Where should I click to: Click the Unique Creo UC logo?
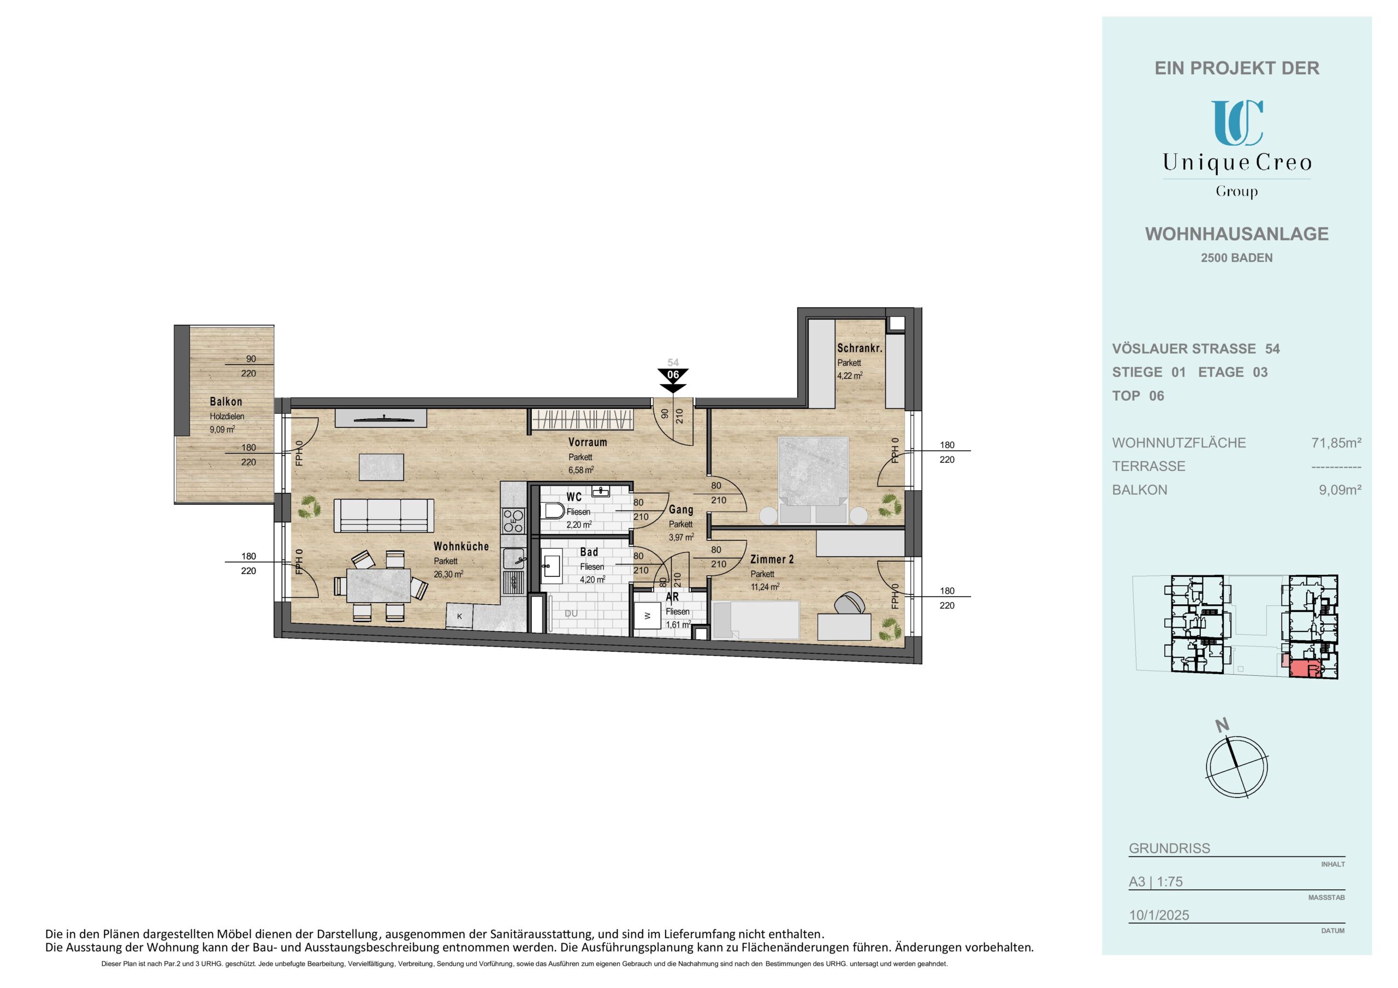(x=1237, y=123)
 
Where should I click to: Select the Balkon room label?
(x=226, y=402)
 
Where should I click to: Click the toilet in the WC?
(x=553, y=511)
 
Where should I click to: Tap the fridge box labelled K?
(x=460, y=616)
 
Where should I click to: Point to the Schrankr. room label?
(x=860, y=348)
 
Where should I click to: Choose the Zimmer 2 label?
(x=772, y=559)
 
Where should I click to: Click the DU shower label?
(x=571, y=614)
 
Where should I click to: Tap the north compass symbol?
(x=1238, y=766)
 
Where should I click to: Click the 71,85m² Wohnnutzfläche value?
(x=1336, y=443)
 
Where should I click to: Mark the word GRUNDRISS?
(x=1170, y=848)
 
